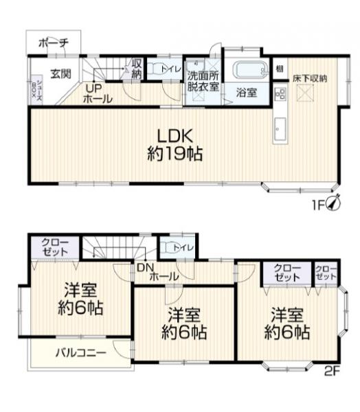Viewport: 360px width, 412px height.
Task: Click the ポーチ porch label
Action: [53, 43]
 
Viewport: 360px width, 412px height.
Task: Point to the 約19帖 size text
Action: [175, 154]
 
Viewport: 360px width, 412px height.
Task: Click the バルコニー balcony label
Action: [80, 354]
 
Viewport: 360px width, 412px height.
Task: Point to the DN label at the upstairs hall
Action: [143, 267]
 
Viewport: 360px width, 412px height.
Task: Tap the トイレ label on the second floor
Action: [181, 247]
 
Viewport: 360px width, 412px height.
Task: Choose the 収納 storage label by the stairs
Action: [137, 69]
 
